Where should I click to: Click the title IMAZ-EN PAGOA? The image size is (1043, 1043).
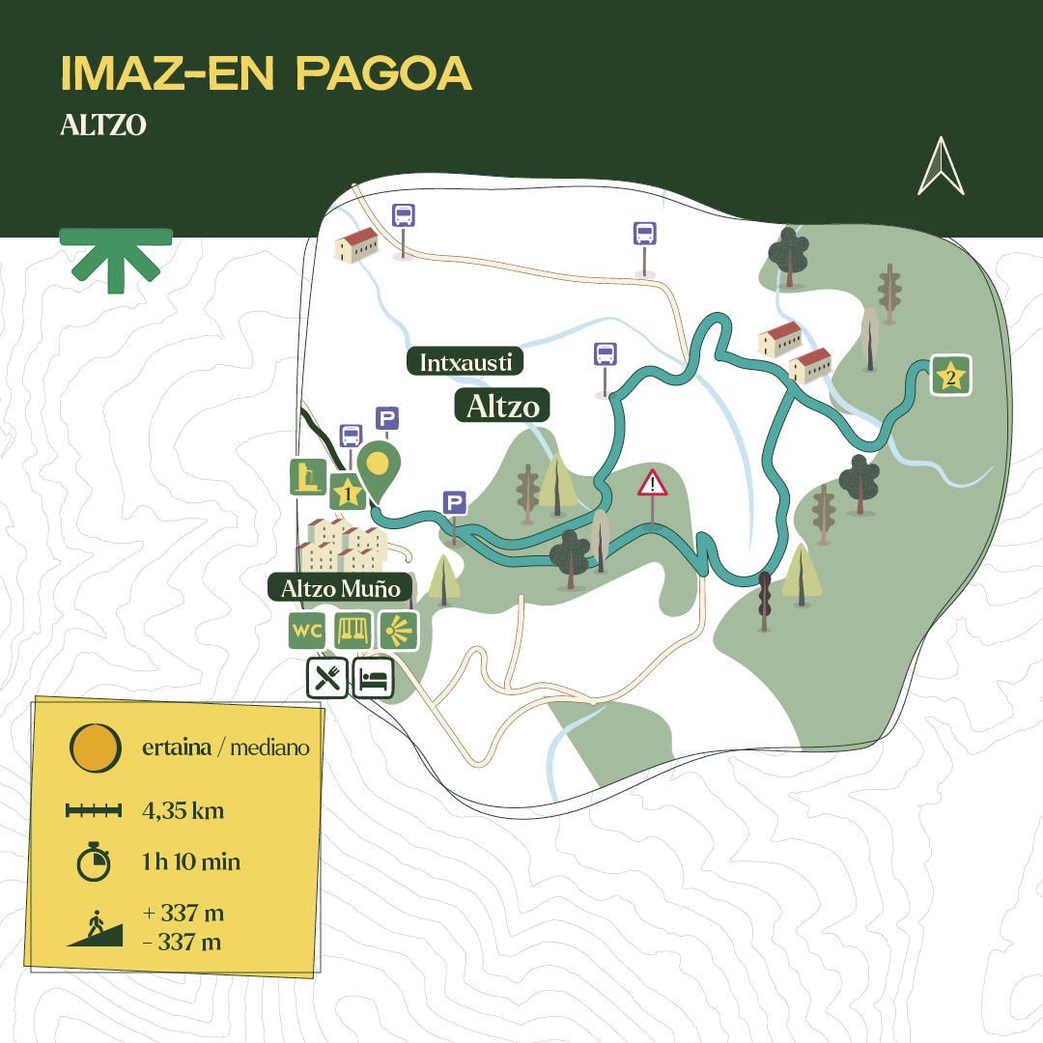pyautogui.click(x=266, y=73)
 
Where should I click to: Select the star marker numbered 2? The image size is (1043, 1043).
pyautogui.click(x=951, y=375)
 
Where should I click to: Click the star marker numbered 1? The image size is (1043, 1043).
pyautogui.click(x=348, y=493)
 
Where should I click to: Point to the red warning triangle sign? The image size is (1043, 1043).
pyautogui.click(x=653, y=482)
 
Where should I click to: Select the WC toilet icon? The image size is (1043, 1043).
pyautogui.click(x=307, y=631)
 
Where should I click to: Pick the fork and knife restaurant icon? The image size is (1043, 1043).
pyautogui.click(x=327, y=678)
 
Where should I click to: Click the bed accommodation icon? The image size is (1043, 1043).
pyautogui.click(x=374, y=678)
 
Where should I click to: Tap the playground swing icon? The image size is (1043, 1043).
pyautogui.click(x=352, y=631)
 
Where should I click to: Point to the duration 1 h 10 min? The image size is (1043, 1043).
pyautogui.click(x=191, y=861)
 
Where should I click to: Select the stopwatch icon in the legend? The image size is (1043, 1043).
pyautogui.click(x=94, y=860)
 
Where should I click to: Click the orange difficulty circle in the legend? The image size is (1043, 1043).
pyautogui.click(x=96, y=747)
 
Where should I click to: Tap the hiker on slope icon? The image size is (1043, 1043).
pyautogui.click(x=95, y=928)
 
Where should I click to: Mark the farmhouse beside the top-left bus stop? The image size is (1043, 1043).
pyautogui.click(x=356, y=245)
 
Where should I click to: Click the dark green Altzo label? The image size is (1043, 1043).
pyautogui.click(x=502, y=406)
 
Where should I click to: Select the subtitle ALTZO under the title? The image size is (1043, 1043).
pyautogui.click(x=103, y=126)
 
